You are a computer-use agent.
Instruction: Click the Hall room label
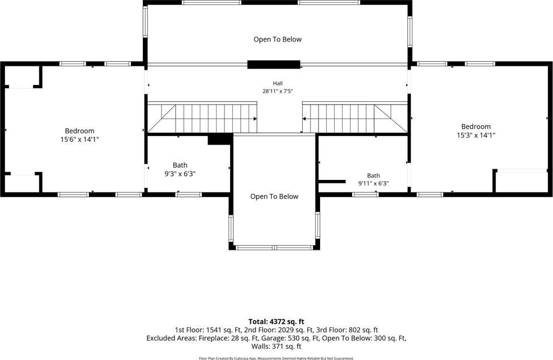point(277,84)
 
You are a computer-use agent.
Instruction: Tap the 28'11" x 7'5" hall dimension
point(277,91)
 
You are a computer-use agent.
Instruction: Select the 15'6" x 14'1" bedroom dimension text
point(79,139)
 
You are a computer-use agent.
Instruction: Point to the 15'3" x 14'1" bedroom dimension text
point(476,135)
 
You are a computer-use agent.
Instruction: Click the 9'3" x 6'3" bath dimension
point(180,174)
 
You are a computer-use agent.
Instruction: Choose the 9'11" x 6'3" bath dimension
point(374,183)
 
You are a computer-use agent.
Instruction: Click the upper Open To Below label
point(277,39)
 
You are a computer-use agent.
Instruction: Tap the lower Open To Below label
point(275,196)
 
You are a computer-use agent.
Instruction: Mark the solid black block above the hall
point(273,65)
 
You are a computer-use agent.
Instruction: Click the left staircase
point(202,118)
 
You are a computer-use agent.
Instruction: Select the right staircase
point(355,118)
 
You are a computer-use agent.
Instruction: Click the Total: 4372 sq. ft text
point(276,322)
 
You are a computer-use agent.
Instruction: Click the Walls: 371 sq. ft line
point(276,346)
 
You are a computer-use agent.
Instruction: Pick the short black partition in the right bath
point(332,182)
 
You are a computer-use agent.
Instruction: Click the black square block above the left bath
point(220,139)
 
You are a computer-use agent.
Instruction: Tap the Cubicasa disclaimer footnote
point(276,358)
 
